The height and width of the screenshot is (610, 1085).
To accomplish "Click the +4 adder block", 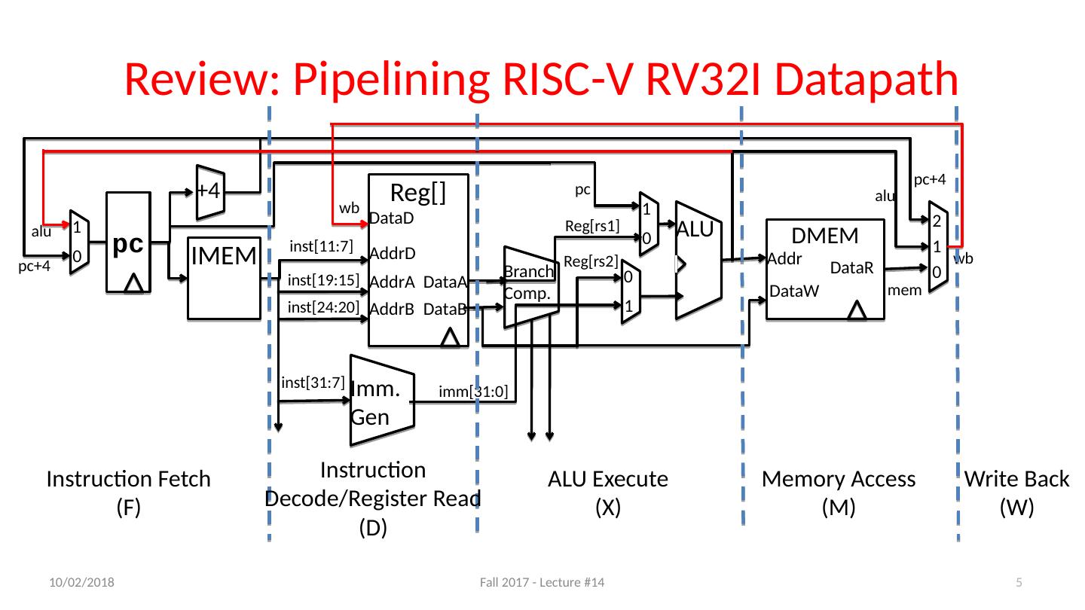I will click(x=207, y=191).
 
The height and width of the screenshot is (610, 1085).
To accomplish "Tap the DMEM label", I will click(x=827, y=236).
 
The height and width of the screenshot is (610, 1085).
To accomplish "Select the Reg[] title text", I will click(x=419, y=194).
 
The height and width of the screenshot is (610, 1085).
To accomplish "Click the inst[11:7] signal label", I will click(x=321, y=246).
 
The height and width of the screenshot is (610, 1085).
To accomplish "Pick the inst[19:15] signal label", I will click(x=322, y=280).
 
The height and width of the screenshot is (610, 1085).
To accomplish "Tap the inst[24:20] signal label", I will click(x=322, y=307).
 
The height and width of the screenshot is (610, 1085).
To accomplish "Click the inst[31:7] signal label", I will click(x=313, y=382).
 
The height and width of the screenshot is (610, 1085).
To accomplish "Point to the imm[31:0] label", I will click(x=473, y=392).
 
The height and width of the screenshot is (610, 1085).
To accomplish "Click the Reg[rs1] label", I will click(x=591, y=225).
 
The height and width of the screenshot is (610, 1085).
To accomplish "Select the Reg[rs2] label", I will click(x=591, y=261).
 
